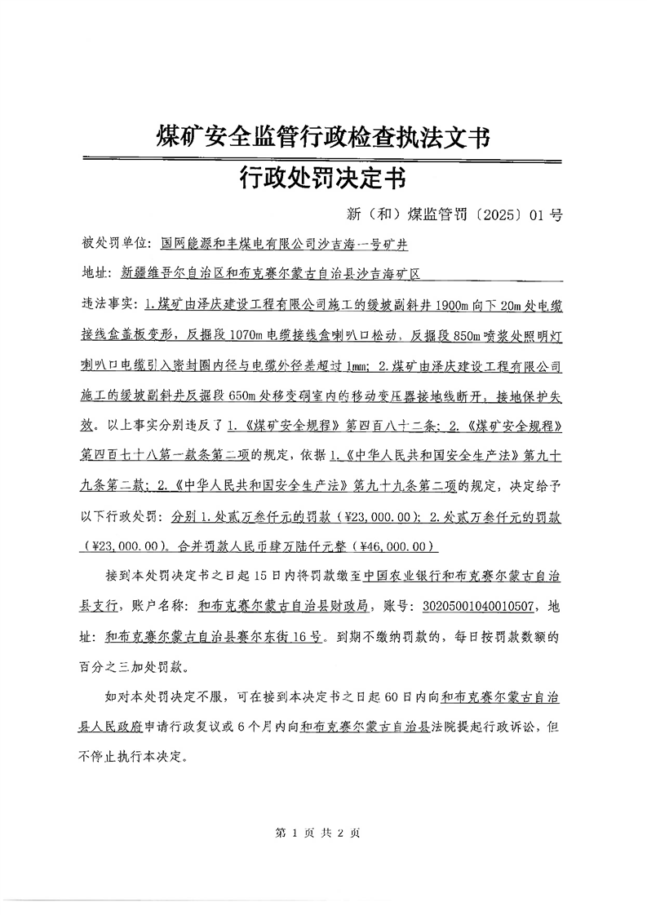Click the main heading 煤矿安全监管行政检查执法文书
pos(323,136)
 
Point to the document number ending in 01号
pos(454,215)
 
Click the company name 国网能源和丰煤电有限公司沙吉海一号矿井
pos(284,243)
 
